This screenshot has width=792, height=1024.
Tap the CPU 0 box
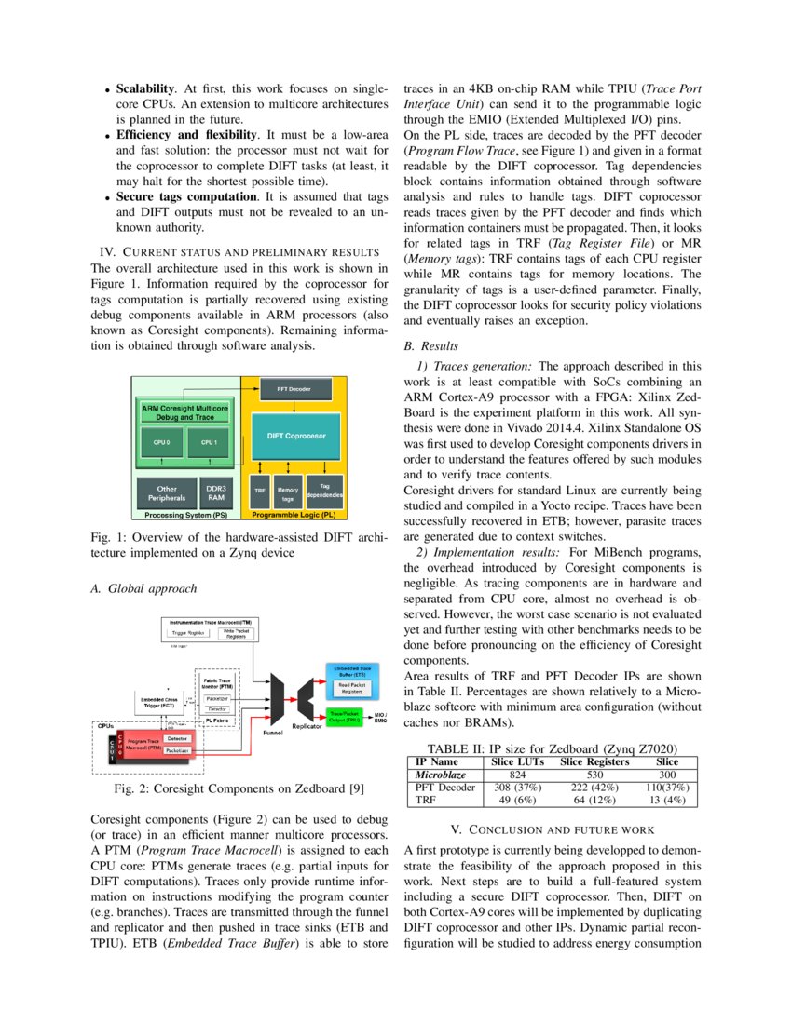click(x=161, y=443)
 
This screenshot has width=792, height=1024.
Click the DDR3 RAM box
click(x=215, y=492)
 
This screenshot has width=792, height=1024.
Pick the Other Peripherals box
click(x=167, y=492)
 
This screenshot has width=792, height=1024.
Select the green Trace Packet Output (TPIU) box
click(x=348, y=716)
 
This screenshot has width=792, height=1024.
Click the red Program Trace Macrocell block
click(x=144, y=744)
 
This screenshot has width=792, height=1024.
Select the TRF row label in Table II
click(x=425, y=800)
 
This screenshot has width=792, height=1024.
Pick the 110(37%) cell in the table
click(x=667, y=788)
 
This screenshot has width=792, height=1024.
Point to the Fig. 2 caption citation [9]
click(x=355, y=789)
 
